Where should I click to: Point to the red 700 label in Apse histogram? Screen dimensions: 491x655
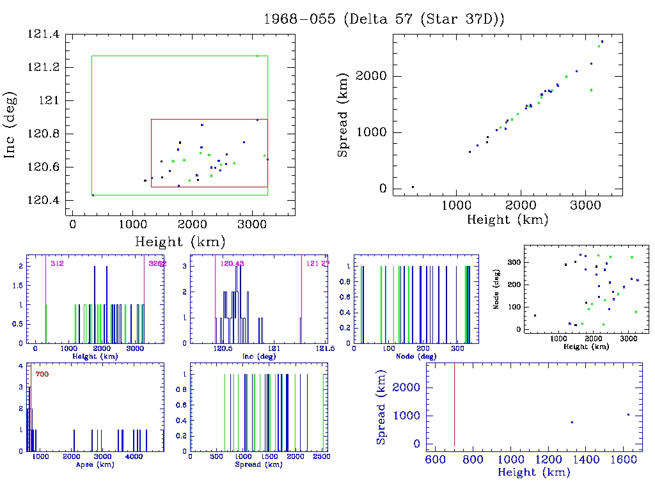42,374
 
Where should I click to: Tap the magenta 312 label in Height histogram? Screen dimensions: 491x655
57,263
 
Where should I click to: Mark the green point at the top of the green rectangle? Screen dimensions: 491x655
257,56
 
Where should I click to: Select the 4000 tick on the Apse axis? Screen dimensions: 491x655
133,458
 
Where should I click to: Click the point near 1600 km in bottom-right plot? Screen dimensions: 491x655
628,414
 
